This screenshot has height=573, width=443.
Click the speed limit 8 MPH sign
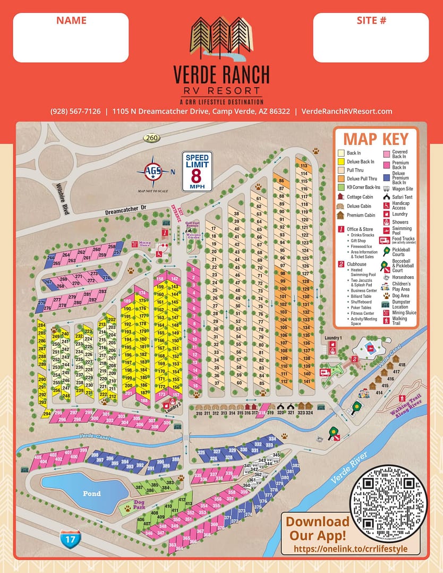197,171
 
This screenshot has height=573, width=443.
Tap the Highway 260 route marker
151,138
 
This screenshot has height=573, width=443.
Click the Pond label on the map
91,493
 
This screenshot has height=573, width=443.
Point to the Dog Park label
139,504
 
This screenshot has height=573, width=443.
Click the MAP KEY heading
376,139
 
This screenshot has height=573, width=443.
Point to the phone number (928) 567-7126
75,111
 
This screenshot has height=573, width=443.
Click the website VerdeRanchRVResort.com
346,111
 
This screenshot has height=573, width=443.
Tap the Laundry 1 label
333,338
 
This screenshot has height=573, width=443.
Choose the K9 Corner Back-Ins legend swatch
340,187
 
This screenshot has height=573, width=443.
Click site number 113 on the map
304,166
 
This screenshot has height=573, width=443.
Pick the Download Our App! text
318,528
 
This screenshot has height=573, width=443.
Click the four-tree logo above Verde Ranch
221,40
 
